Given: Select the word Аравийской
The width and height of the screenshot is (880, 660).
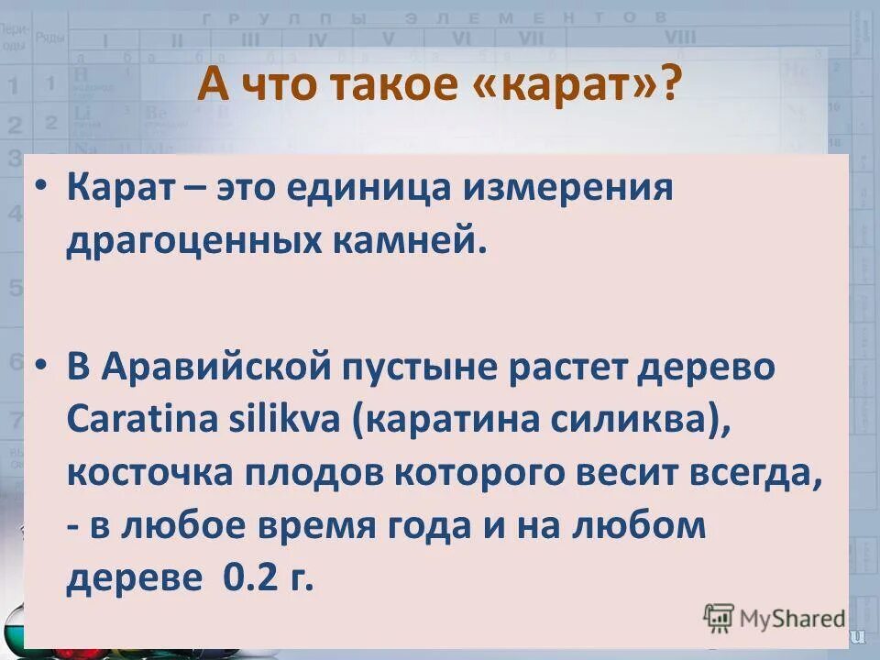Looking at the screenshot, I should click(x=217, y=369).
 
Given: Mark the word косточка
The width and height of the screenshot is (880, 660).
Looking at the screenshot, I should click(x=148, y=474).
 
